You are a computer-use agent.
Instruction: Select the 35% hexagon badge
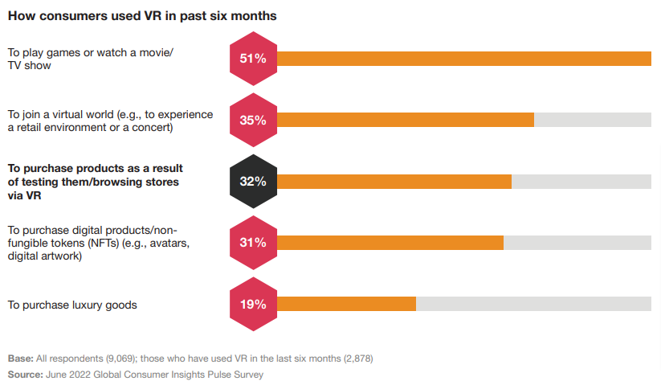click(253, 120)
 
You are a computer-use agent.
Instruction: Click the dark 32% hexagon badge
click(253, 181)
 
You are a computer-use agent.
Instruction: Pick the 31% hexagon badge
click(253, 242)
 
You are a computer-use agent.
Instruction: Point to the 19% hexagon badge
click(253, 304)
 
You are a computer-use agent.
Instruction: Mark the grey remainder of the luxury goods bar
click(533, 304)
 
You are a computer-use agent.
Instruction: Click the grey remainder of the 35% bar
click(592, 120)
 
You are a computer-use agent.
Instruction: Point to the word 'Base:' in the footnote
click(21, 358)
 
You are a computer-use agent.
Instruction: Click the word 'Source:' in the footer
click(27, 375)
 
